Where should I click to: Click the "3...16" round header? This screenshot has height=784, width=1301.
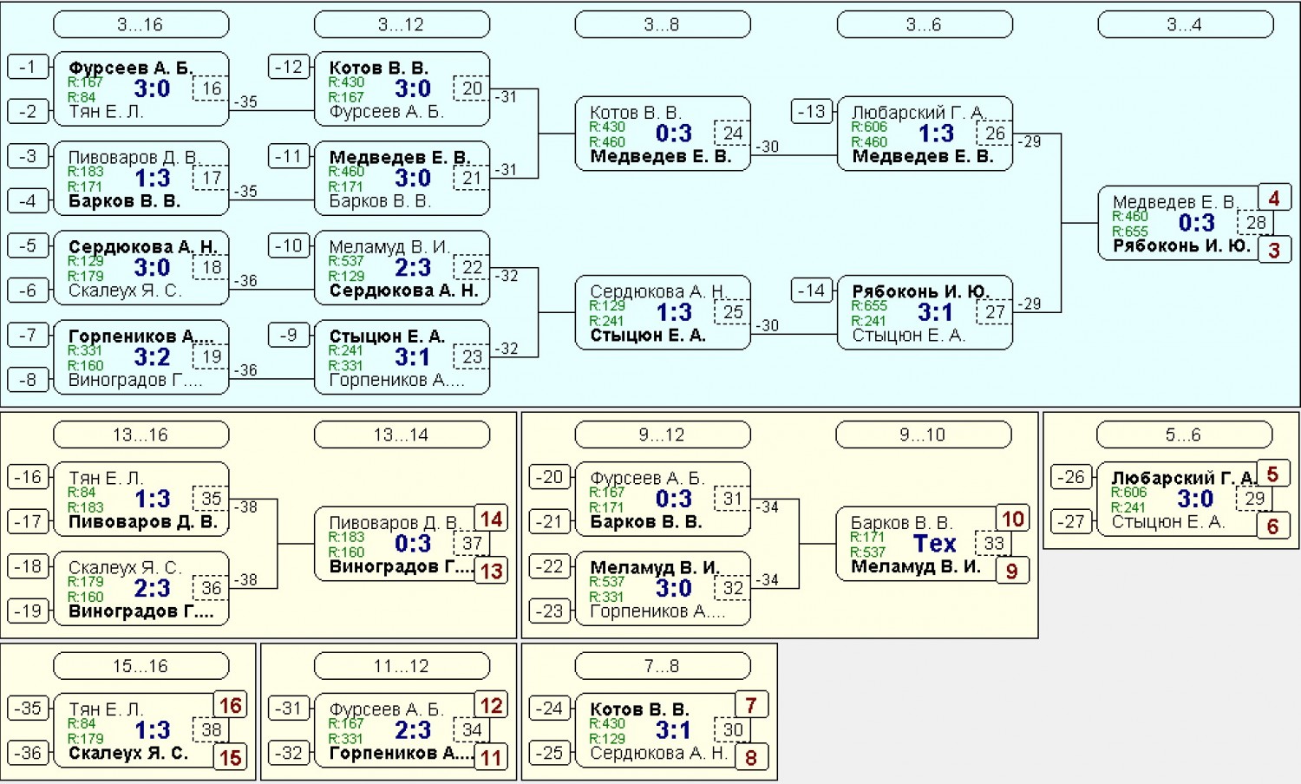click(x=141, y=24)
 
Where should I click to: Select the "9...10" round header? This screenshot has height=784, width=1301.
click(x=923, y=434)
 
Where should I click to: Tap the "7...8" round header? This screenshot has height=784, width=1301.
click(x=662, y=665)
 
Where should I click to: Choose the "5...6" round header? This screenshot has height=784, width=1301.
click(x=1184, y=434)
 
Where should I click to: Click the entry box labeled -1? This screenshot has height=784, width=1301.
click(x=28, y=67)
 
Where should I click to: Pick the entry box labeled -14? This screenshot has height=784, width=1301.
click(x=811, y=290)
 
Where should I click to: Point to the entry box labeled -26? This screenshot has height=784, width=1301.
click(x=1071, y=477)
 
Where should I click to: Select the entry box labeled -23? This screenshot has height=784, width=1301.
click(x=549, y=611)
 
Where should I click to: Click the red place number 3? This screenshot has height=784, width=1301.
click(x=1274, y=251)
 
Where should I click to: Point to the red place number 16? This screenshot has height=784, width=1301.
click(x=230, y=706)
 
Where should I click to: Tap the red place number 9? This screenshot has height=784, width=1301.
click(x=1012, y=571)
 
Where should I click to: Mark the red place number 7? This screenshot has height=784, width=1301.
click(x=752, y=706)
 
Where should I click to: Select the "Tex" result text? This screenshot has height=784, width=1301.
click(x=934, y=544)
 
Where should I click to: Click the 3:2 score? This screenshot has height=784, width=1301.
click(x=152, y=356)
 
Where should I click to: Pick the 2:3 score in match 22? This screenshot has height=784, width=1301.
click(x=413, y=267)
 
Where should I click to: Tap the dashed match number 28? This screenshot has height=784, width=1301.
click(x=1255, y=222)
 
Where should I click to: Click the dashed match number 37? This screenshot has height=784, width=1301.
click(x=472, y=544)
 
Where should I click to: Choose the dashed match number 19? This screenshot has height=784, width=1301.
click(x=211, y=356)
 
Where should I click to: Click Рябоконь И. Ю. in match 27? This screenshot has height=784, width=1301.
click(x=920, y=291)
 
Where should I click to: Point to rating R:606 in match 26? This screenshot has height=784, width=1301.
click(x=869, y=127)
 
